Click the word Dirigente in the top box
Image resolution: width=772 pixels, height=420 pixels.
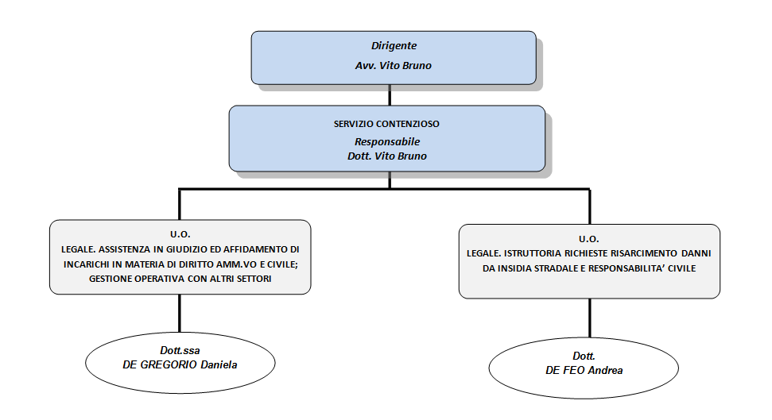[x=394, y=46]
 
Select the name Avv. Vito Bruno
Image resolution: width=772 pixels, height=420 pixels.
[x=394, y=65]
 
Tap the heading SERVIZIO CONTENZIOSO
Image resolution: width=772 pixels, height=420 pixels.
[x=386, y=124]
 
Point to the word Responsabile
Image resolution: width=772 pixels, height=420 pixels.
[x=387, y=141]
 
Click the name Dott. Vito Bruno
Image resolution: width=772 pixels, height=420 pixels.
[x=387, y=156]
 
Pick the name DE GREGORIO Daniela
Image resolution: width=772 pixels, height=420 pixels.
[x=180, y=365]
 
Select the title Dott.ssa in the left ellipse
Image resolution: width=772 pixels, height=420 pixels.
[x=180, y=351]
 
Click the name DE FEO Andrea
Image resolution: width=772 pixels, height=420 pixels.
[x=584, y=370]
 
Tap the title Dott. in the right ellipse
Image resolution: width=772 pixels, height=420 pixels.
[x=584, y=356]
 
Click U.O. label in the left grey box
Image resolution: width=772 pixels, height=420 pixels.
[x=180, y=234]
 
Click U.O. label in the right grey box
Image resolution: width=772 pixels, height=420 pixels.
[x=589, y=239]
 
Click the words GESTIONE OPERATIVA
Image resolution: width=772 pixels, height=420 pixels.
[x=137, y=279]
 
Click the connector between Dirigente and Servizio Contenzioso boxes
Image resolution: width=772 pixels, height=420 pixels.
[x=390, y=95]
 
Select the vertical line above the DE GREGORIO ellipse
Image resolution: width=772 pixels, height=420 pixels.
[x=180, y=314]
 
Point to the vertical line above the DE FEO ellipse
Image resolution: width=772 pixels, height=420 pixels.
[x=590, y=318]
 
